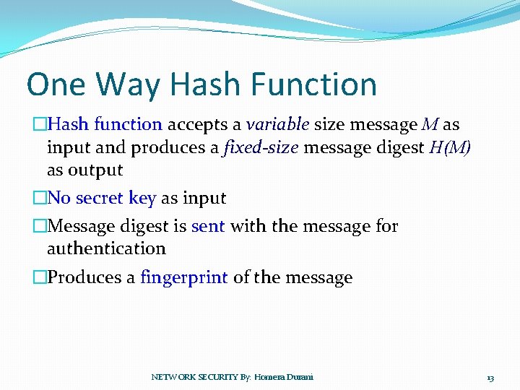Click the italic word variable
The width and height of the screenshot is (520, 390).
[x=278, y=124]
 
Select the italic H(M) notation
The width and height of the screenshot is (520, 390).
[x=449, y=147]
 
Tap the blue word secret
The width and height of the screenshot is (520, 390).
[x=101, y=198]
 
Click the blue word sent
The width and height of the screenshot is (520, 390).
[x=208, y=226]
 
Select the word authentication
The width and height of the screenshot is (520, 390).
[x=106, y=248]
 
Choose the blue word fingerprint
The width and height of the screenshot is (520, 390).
[x=184, y=277]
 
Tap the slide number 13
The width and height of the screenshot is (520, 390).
[x=490, y=378]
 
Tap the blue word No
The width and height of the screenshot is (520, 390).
[x=59, y=198]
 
